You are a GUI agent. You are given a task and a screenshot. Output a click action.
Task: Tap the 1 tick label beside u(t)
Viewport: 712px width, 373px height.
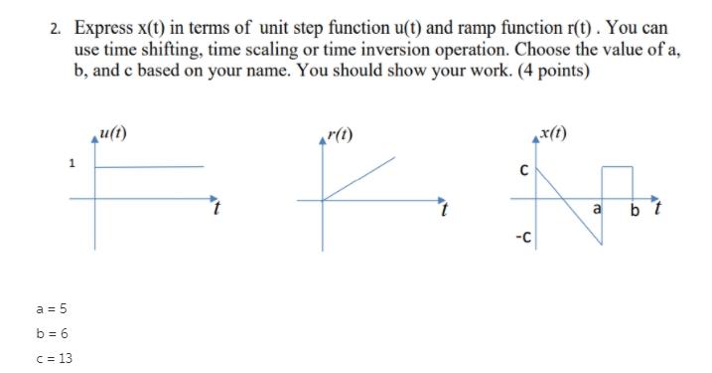pyautogui.click(x=71, y=165)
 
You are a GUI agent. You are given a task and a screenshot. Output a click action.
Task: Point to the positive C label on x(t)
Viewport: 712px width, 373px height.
pyautogui.click(x=524, y=170)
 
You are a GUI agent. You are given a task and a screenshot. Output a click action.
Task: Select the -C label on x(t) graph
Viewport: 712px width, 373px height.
pyautogui.click(x=521, y=237)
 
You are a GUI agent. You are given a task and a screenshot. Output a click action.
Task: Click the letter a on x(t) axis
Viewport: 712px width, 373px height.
pyautogui.click(x=596, y=210)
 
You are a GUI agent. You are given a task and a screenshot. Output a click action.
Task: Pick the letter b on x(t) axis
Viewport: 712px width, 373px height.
pyautogui.click(x=635, y=210)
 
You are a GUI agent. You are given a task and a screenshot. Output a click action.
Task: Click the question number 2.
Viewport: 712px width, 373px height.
pyautogui.click(x=56, y=30)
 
